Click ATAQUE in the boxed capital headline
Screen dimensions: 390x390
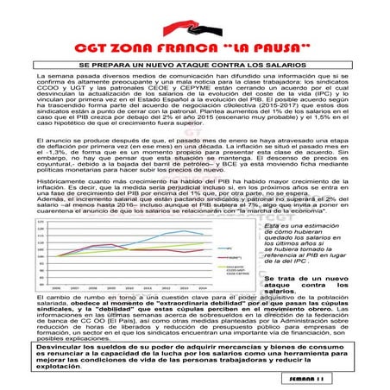tap(196, 64)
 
